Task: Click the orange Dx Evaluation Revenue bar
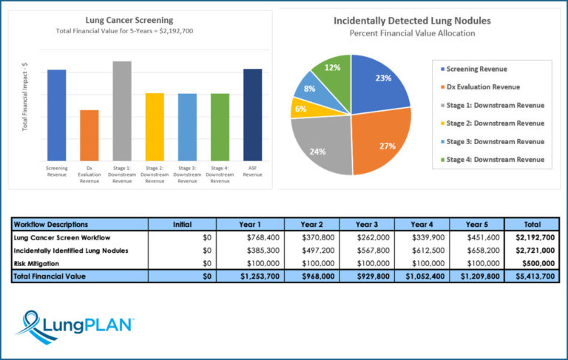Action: click(89, 135)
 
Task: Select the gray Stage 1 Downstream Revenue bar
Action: click(122, 111)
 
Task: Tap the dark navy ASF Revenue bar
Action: click(252, 115)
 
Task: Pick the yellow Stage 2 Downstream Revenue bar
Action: click(155, 127)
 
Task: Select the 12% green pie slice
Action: click(332, 74)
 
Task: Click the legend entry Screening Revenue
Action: click(478, 69)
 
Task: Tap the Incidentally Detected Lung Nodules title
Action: click(412, 21)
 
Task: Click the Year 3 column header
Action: click(367, 224)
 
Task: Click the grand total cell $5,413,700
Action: click(532, 276)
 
